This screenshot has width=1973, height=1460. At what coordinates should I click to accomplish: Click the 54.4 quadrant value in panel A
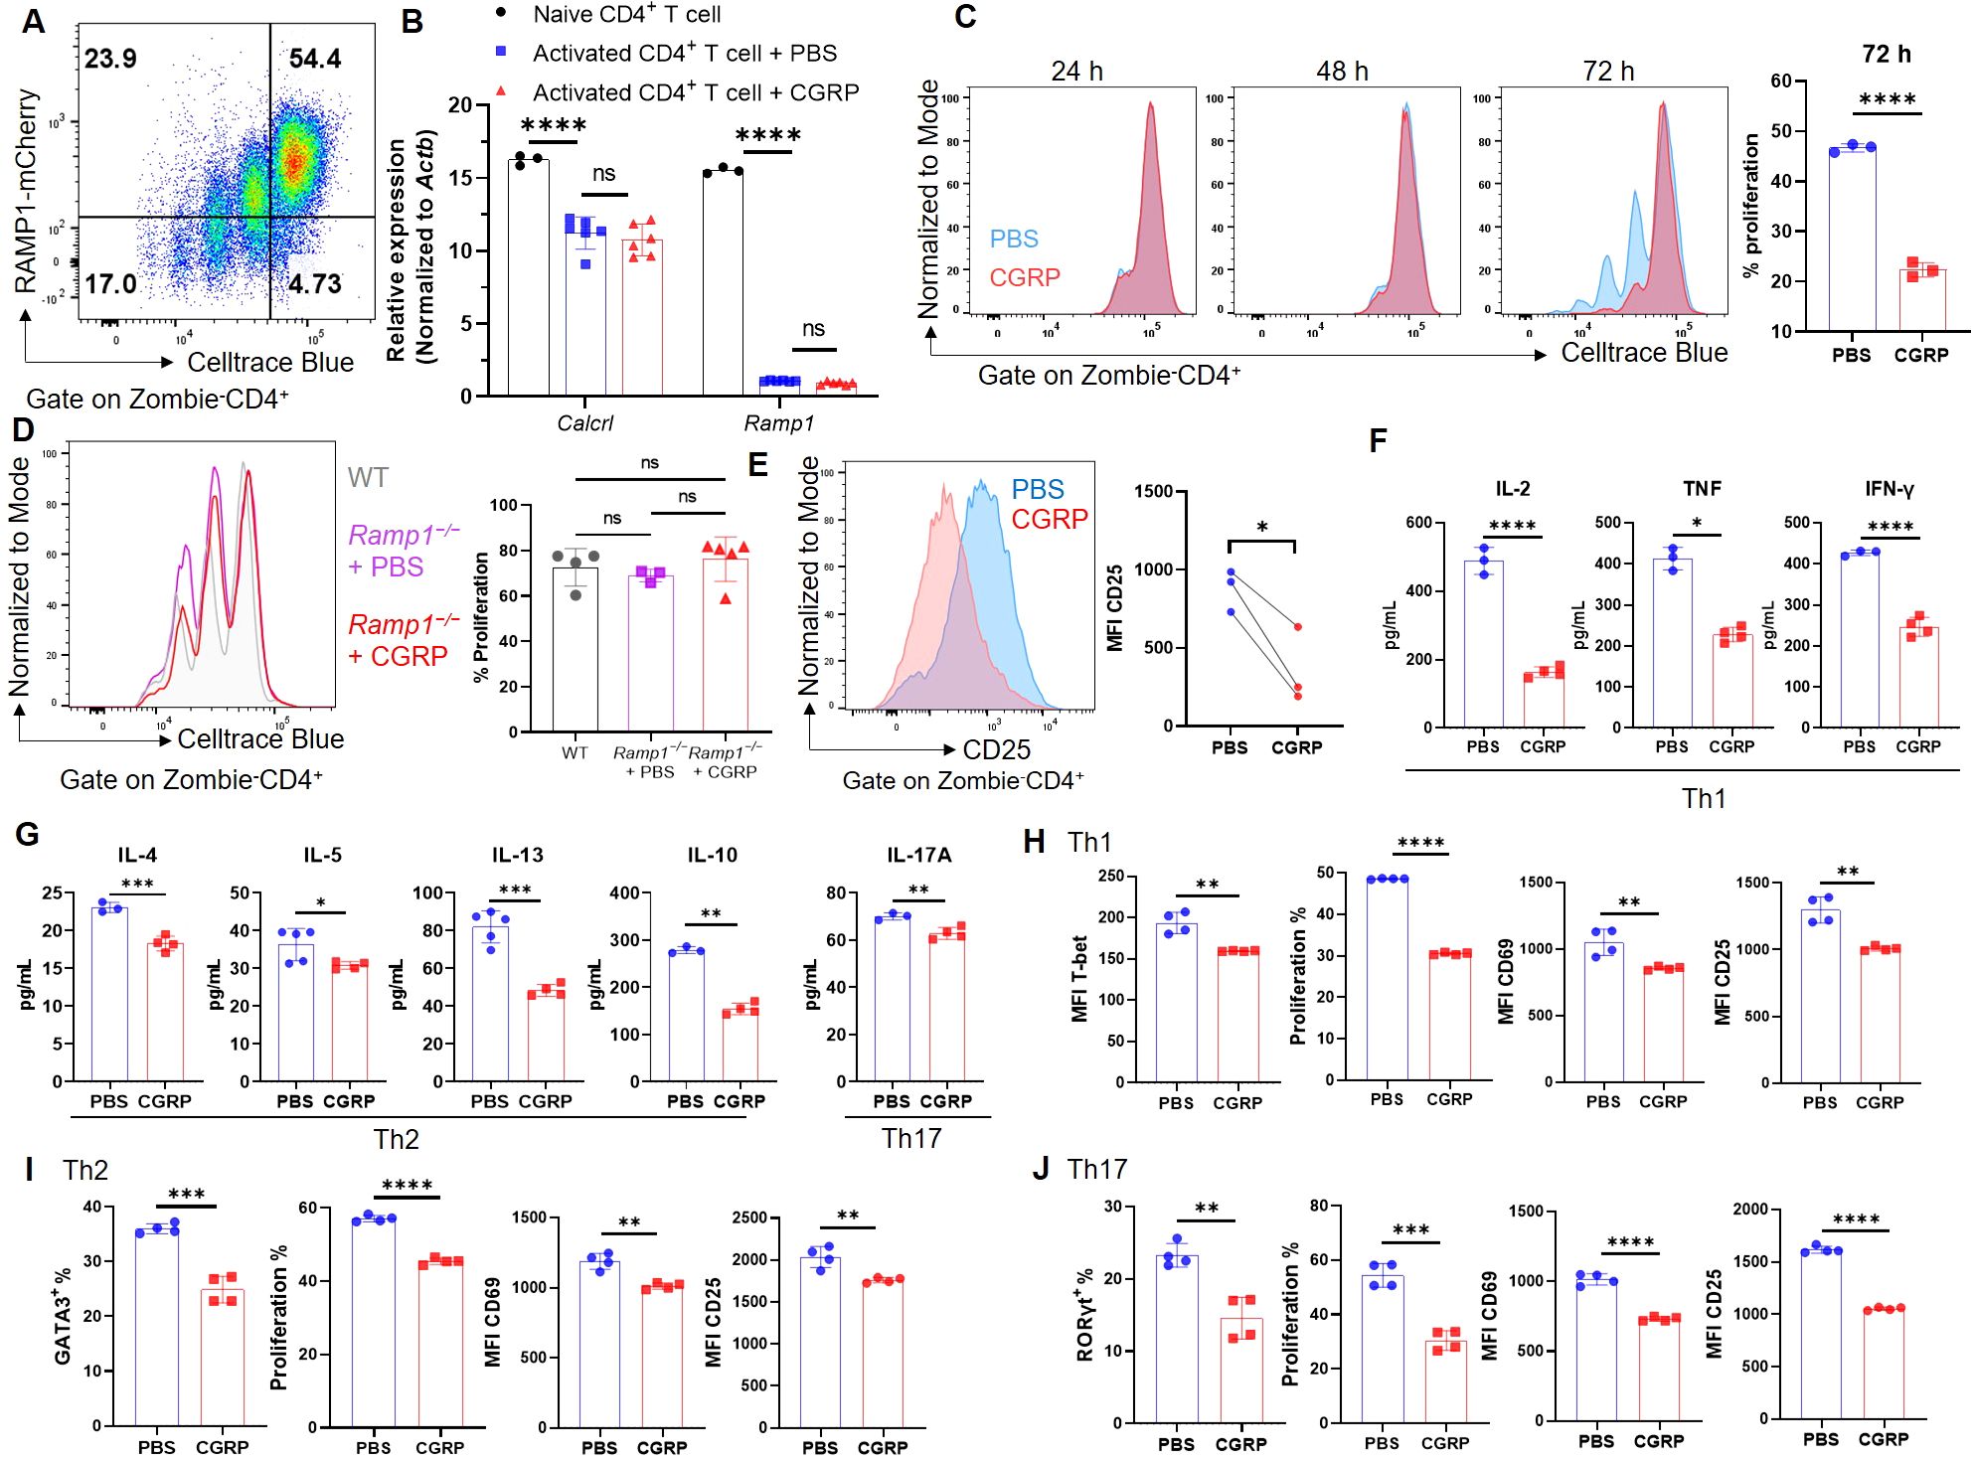click(x=315, y=59)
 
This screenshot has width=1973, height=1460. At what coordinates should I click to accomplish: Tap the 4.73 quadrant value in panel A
click(x=315, y=284)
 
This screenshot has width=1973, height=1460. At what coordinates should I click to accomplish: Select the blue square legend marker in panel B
click(x=502, y=51)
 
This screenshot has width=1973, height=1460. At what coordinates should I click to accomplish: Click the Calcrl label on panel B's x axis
click(x=584, y=423)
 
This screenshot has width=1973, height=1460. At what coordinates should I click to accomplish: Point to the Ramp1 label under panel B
click(x=778, y=423)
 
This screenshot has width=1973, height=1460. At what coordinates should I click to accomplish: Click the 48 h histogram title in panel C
click(x=1342, y=72)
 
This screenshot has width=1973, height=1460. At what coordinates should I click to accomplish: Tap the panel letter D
click(x=22, y=430)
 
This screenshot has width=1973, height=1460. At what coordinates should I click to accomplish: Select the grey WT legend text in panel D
click(x=368, y=478)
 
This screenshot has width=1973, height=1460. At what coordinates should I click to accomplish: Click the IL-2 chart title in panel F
click(x=1512, y=489)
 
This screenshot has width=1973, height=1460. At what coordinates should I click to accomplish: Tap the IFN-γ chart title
click(x=1889, y=489)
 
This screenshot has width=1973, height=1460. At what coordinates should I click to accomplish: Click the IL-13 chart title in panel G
click(x=517, y=855)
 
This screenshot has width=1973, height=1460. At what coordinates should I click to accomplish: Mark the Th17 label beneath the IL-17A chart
click(x=910, y=1138)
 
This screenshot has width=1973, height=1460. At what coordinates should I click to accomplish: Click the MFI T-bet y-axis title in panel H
click(x=1079, y=979)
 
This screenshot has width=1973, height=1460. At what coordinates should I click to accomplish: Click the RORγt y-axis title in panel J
click(x=1084, y=1314)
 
